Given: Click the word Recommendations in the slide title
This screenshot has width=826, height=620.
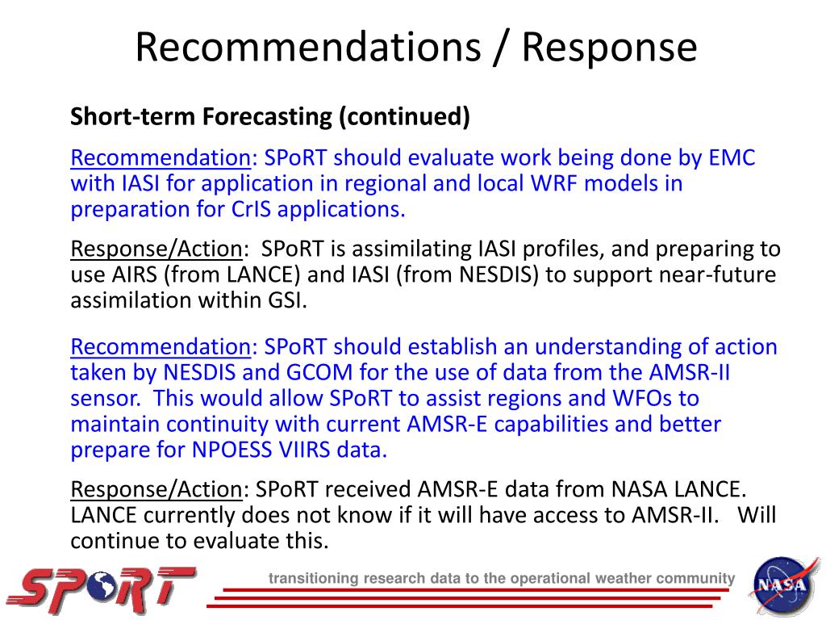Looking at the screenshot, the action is (x=308, y=47).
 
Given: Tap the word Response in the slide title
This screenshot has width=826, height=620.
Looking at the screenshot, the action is (x=610, y=48).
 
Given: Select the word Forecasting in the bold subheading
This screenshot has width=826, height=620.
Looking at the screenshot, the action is (x=267, y=116).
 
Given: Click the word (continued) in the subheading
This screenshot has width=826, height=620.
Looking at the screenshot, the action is (x=404, y=117).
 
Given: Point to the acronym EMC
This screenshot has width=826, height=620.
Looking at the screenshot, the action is (x=732, y=157).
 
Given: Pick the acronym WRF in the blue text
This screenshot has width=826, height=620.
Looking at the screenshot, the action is (x=554, y=183).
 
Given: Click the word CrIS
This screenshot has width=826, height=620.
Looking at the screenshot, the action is (x=251, y=209).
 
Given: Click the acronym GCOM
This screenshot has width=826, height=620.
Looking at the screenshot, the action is (x=319, y=373).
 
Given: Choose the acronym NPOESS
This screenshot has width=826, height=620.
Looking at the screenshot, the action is (x=232, y=450).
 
